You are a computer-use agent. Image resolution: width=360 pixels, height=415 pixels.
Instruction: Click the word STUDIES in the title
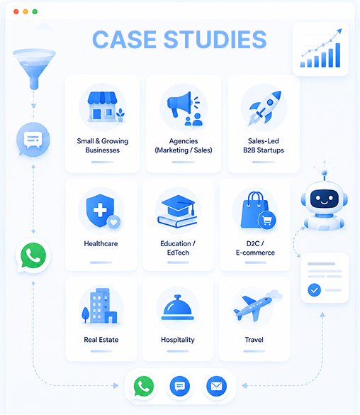215,40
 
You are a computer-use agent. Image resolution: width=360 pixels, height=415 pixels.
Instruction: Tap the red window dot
16,11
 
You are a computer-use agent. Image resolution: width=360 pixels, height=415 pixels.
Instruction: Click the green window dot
35,11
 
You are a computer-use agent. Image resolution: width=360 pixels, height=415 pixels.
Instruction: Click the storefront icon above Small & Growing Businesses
103,106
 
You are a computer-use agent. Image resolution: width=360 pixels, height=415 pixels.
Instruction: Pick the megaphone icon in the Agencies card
180,104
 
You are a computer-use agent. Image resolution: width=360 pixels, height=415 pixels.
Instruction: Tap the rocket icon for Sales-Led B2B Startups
264,108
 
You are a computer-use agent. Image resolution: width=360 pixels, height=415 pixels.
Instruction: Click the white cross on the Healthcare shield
100,211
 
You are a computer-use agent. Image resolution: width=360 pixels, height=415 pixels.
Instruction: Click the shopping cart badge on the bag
267,220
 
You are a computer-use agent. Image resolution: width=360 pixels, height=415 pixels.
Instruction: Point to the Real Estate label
101,340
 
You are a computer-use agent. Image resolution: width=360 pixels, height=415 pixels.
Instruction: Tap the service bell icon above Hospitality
178,307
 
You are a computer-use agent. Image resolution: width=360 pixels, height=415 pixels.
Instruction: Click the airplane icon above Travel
253,308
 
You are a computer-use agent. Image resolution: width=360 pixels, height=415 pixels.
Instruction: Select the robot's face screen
325,199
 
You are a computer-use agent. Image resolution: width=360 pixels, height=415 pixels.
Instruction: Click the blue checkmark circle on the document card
314,290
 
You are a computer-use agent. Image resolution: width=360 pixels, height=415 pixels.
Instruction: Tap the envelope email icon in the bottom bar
216,386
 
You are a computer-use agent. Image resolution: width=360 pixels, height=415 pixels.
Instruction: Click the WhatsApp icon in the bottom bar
144,386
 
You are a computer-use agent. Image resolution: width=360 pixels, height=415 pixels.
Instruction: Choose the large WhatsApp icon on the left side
33,255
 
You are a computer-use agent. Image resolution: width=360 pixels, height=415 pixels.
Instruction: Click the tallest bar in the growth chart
338,55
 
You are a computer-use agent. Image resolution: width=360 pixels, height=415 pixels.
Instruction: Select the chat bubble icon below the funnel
33,139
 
